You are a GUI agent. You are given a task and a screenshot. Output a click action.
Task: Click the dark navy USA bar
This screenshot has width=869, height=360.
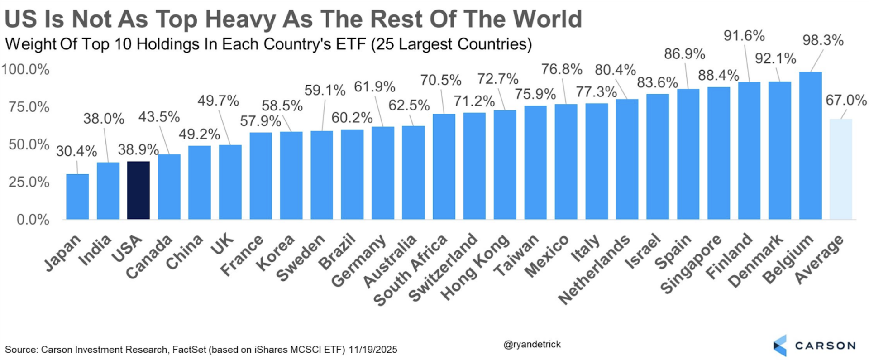[138, 190]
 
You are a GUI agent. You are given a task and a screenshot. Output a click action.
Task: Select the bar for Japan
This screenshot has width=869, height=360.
[77, 197]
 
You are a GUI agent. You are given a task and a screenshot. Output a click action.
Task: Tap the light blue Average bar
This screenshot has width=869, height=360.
[840, 169]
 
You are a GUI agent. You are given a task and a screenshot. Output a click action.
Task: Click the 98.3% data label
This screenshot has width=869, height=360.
[823, 40]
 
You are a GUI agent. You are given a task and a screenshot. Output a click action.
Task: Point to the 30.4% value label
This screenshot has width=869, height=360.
[76, 151]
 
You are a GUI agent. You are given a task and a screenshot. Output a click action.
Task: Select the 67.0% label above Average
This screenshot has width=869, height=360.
[845, 100]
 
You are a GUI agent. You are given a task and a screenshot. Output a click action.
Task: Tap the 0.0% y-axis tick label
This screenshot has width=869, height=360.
[33, 220]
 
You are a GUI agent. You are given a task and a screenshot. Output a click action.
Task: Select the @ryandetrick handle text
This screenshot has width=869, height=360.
[532, 344]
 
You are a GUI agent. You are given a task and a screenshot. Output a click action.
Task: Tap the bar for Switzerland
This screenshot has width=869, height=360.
[474, 166]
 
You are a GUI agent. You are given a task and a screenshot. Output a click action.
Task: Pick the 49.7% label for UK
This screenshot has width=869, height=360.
[218, 101]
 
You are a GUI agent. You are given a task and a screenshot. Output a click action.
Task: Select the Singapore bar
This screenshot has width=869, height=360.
[719, 153]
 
